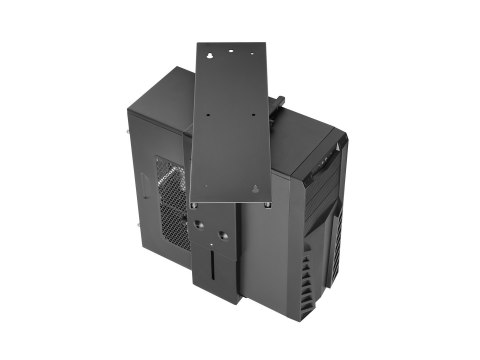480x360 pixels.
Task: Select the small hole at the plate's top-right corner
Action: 251,46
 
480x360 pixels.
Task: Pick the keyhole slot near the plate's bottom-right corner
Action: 255,188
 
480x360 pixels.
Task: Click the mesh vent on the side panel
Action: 172,206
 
